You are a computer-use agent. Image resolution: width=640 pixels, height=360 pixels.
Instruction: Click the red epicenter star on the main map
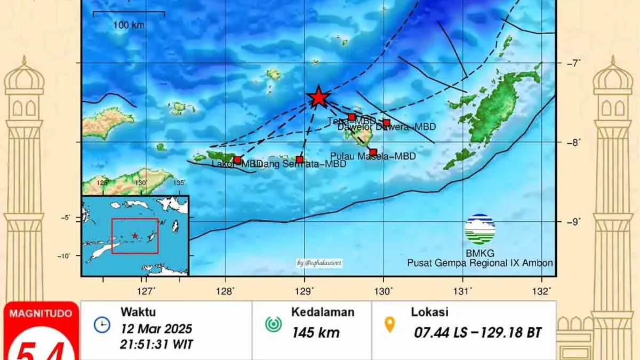(x=318, y=97)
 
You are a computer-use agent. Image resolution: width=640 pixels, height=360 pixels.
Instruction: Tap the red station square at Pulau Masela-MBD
(x=373, y=152)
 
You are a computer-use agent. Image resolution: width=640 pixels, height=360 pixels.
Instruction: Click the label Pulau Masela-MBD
(x=373, y=156)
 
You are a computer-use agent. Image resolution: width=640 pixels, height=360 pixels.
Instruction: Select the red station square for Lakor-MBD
(x=237, y=159)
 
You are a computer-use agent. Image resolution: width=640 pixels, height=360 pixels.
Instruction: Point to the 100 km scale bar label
(x=129, y=25)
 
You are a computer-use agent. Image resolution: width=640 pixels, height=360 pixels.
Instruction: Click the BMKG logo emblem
(x=479, y=229)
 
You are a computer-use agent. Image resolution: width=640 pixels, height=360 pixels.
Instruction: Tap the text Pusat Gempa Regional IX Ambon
(x=479, y=263)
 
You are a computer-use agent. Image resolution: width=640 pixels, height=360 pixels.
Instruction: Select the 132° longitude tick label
(x=543, y=291)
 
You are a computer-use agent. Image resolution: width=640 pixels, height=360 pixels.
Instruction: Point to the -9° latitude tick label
(x=573, y=222)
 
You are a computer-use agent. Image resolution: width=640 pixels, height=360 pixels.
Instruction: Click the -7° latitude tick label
(x=573, y=63)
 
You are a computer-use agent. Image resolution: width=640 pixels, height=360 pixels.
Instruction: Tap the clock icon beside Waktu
(x=101, y=324)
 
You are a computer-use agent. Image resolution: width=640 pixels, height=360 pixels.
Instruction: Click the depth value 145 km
(x=315, y=332)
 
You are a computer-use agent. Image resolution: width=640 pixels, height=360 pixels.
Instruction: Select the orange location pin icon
(x=390, y=324)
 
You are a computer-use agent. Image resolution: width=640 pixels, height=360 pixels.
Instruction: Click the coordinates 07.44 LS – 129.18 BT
(x=478, y=333)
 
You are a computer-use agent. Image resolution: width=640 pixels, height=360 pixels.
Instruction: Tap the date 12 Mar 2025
(x=156, y=329)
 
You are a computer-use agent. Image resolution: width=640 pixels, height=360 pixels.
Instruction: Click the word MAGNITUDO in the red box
(x=41, y=314)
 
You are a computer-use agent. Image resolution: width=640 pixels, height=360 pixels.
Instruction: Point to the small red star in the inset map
(x=134, y=235)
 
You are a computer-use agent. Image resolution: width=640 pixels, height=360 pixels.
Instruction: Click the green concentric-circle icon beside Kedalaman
(x=273, y=324)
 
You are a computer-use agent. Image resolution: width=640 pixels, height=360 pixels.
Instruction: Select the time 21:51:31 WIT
(x=156, y=344)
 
